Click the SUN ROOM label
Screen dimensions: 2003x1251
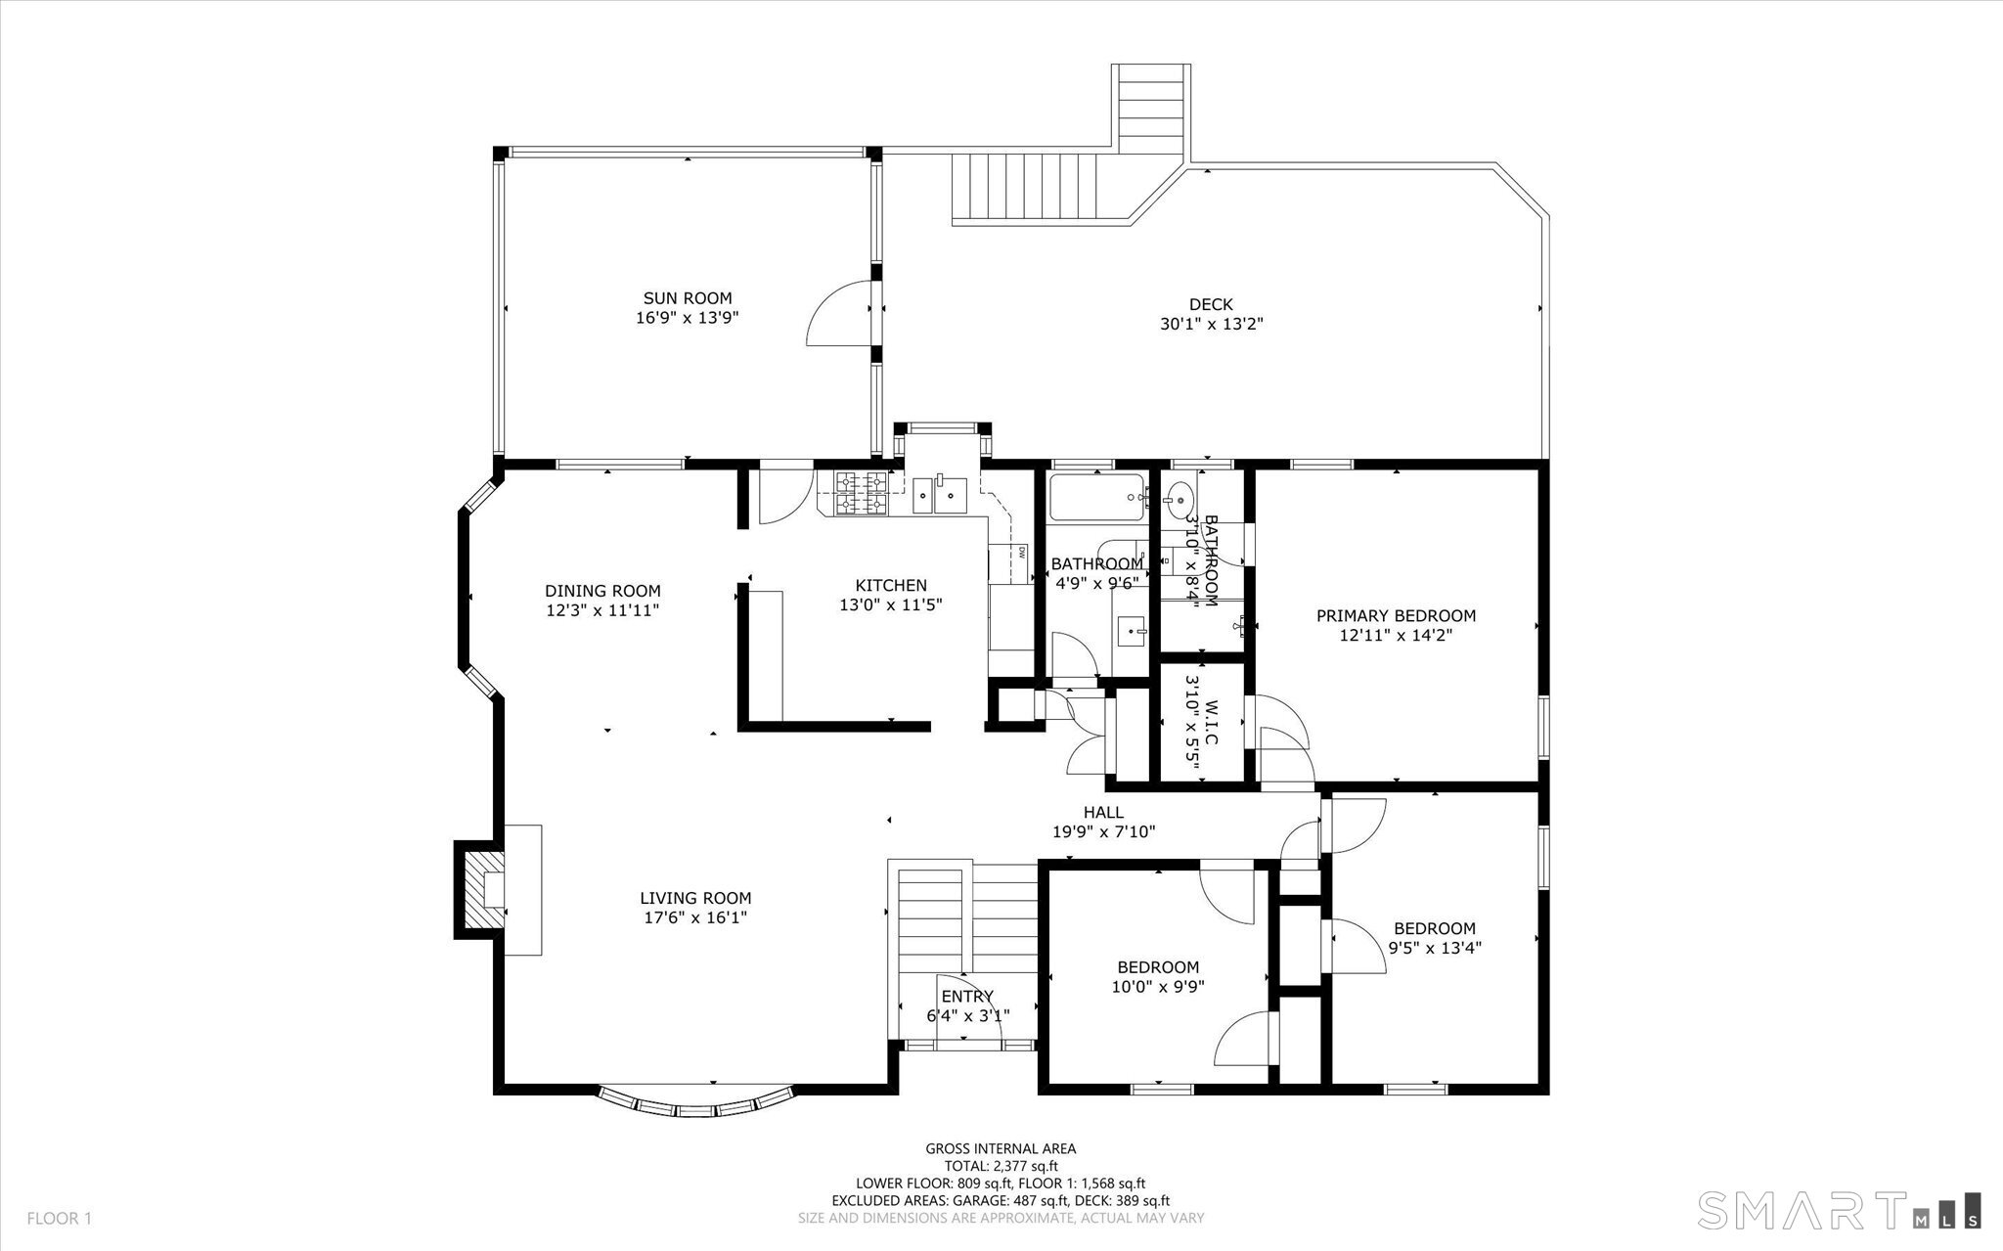(x=687, y=298)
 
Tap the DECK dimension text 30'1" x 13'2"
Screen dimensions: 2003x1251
(x=1212, y=324)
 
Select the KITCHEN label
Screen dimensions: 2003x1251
(x=890, y=585)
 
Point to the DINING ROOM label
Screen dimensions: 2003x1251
(x=602, y=591)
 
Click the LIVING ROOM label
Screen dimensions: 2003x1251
(x=695, y=898)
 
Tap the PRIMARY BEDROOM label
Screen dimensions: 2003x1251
(x=1396, y=615)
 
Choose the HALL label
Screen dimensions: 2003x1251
(x=1103, y=812)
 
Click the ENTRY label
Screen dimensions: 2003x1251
(x=967, y=997)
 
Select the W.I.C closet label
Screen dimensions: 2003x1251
(x=1211, y=722)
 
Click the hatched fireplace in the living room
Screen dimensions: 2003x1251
(x=480, y=889)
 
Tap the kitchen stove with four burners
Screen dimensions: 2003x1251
(x=862, y=493)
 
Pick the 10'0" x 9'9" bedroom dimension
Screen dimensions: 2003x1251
(x=1158, y=987)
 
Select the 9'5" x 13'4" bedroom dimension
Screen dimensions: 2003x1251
(x=1435, y=947)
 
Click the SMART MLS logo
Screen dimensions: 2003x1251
(x=1840, y=1210)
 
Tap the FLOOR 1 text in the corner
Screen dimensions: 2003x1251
(x=59, y=1219)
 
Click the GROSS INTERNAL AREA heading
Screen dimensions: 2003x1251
(x=1001, y=1149)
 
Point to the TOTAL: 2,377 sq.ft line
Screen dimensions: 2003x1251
(x=1001, y=1166)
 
